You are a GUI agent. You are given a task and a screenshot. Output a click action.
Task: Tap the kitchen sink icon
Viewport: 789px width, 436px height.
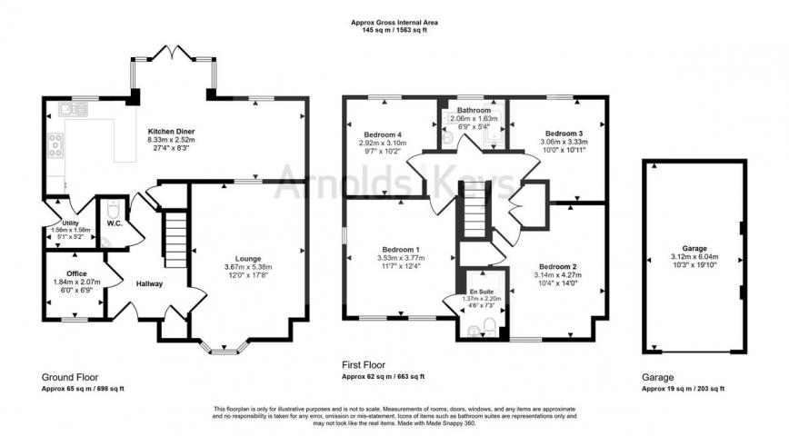[72, 110]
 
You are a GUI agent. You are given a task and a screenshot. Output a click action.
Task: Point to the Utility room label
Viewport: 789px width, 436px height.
[70, 223]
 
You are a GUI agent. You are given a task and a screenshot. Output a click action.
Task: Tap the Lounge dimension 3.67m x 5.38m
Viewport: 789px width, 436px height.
[248, 266]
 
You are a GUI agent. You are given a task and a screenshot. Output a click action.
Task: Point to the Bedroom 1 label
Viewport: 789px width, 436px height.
[400, 249]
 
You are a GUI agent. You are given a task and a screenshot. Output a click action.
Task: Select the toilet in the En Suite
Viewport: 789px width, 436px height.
[489, 327]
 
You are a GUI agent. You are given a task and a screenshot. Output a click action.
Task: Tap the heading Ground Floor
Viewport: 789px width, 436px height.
[70, 376]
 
